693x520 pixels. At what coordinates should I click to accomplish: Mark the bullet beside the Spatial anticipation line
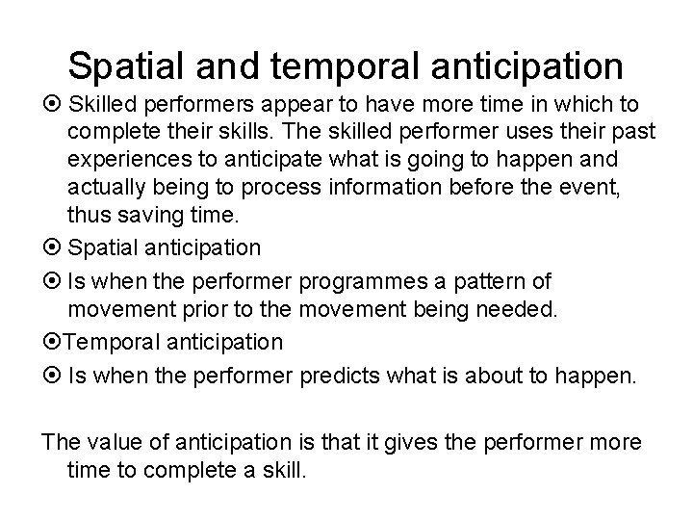pyautogui.click(x=50, y=247)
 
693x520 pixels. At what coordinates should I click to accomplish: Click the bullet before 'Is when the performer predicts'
pyautogui.click(x=50, y=374)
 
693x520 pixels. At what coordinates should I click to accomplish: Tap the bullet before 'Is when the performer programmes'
pyautogui.click(x=50, y=279)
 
